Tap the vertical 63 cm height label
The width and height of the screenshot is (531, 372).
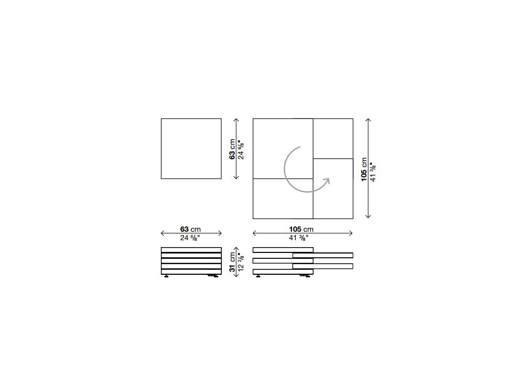232,149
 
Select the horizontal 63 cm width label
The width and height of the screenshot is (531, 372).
190,230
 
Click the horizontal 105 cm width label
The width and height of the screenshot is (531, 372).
301,230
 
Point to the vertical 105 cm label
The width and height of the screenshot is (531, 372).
364,169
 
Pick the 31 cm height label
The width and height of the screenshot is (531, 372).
232,261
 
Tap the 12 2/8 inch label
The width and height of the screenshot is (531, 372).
241,261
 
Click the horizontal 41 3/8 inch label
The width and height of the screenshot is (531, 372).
298,238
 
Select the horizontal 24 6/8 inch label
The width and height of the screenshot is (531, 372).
190,238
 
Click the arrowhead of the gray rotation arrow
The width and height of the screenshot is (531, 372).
327,181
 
